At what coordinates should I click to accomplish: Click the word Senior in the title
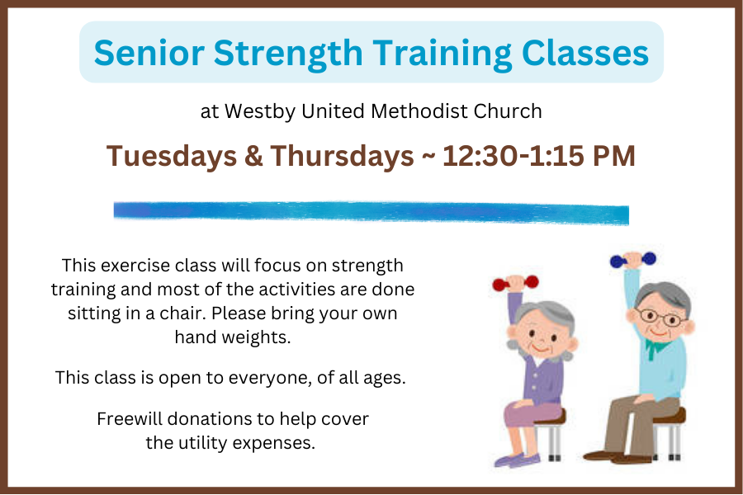tap(149, 53)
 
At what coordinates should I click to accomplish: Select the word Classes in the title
tap(585, 53)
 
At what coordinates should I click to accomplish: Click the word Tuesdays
tap(172, 156)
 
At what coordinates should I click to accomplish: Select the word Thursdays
tap(342, 156)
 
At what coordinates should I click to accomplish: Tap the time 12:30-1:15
tap(513, 156)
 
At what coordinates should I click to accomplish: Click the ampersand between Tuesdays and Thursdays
tap(253, 156)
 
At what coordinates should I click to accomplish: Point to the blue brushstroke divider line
tap(371, 212)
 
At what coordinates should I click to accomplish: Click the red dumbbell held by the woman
tap(515, 283)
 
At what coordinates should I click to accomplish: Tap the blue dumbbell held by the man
tap(633, 260)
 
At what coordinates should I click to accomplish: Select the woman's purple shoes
tap(517, 460)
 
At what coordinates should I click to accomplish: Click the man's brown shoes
tap(610, 456)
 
